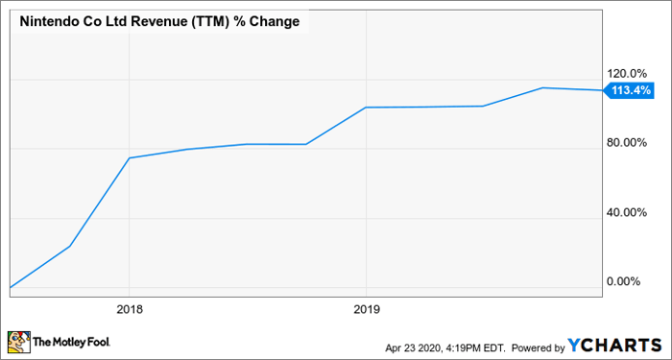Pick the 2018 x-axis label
pyautogui.click(x=130, y=309)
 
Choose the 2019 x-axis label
pyautogui.click(x=366, y=309)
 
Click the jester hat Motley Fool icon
pyautogui.click(x=18, y=341)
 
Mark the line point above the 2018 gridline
pyautogui.click(x=130, y=157)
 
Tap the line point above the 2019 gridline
pyautogui.click(x=366, y=108)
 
